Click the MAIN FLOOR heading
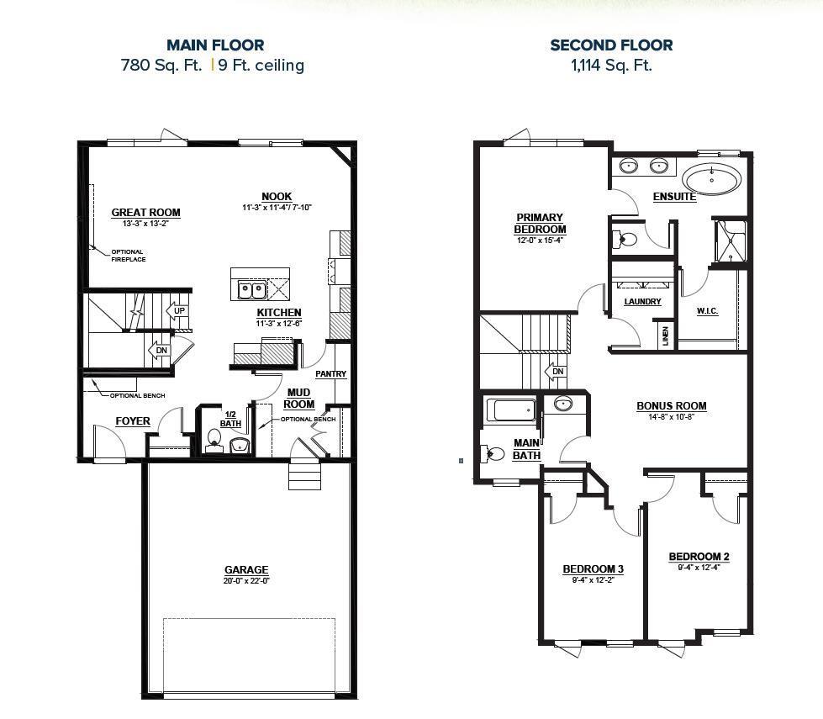point(215,45)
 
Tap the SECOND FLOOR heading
point(611,45)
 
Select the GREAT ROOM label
point(146,213)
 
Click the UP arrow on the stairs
point(177,311)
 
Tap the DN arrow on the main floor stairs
point(159,351)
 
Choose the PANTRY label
point(330,374)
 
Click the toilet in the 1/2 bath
point(214,438)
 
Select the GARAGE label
point(246,570)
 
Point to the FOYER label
point(133,421)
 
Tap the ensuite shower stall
point(730,240)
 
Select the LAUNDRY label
point(642,301)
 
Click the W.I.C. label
point(707,311)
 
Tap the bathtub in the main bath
point(510,410)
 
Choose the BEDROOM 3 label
point(593,569)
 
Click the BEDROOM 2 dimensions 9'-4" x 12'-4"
point(699,567)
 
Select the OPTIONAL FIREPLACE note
point(128,256)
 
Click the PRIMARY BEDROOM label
point(541,223)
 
